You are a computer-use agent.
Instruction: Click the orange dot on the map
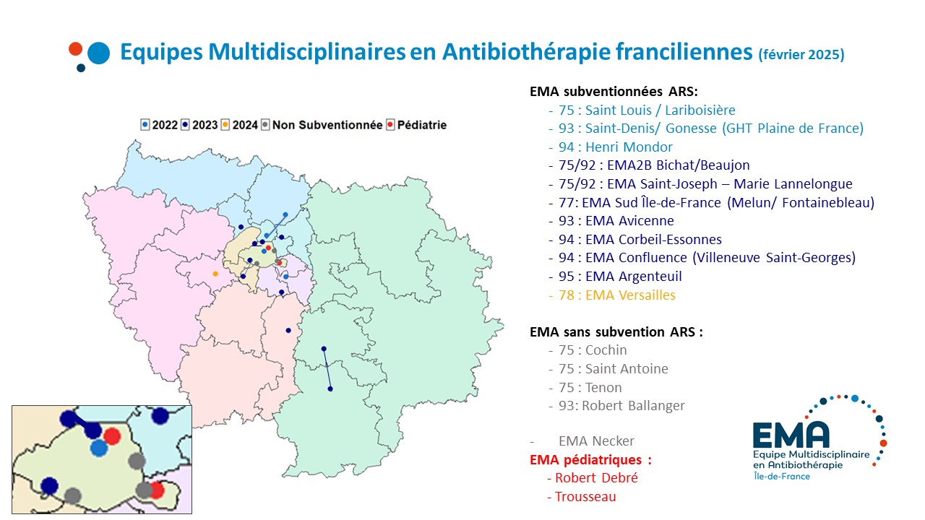tap(215, 274)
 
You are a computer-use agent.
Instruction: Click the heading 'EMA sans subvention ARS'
tap(616, 332)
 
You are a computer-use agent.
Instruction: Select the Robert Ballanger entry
tap(621, 406)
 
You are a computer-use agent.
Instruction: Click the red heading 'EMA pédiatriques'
tap(590, 459)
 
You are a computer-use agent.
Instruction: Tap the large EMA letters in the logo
tap(791, 434)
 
